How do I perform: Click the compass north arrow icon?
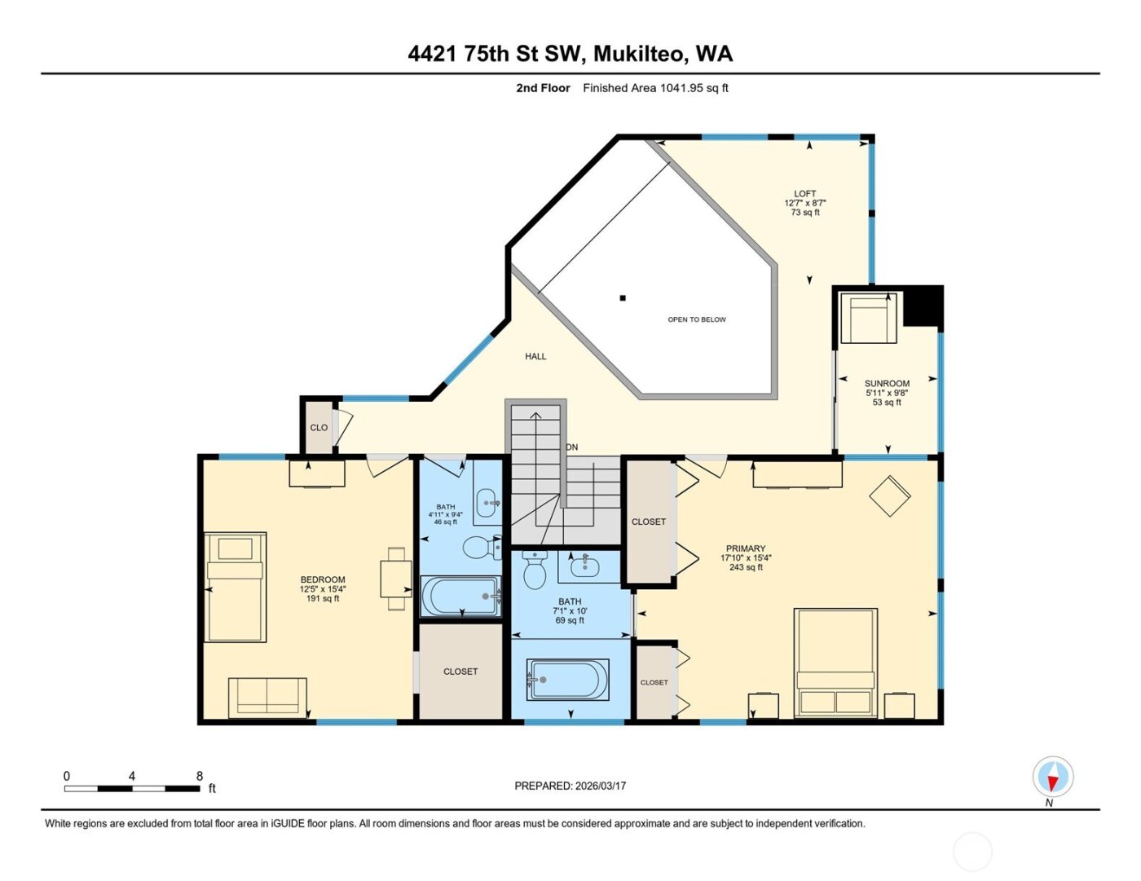(1052, 777)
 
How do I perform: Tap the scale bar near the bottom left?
(132, 788)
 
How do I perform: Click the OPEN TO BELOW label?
(696, 319)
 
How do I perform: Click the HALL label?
(535, 356)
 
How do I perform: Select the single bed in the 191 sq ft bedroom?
(235, 587)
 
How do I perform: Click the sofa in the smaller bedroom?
(267, 698)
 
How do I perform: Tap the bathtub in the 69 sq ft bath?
(569, 679)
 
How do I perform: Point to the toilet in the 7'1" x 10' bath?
(535, 570)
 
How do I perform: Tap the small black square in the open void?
(623, 298)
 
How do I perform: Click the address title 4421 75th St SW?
(570, 54)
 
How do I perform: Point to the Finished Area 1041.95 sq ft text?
(655, 88)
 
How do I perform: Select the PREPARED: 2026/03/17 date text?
(570, 786)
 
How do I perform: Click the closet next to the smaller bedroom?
(460, 672)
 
